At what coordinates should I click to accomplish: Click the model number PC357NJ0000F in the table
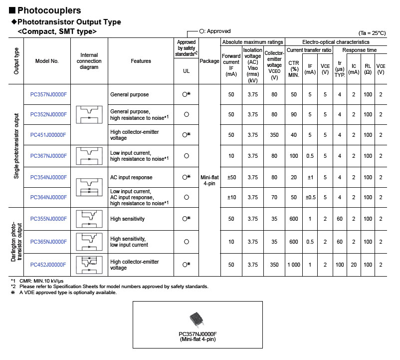pyautogui.click(x=48, y=94)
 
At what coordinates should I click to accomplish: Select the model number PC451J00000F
pyautogui.click(x=48, y=135)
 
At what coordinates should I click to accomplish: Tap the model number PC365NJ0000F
pyautogui.click(x=48, y=242)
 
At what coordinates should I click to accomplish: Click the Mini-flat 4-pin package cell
pyautogui.click(x=209, y=180)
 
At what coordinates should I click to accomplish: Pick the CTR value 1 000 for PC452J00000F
pyautogui.click(x=294, y=265)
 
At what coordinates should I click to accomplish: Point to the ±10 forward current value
pyautogui.click(x=231, y=197)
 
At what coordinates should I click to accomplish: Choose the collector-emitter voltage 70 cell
pyautogui.click(x=274, y=197)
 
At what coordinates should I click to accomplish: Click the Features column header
pyautogui.click(x=141, y=61)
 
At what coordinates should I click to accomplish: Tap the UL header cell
pyautogui.click(x=187, y=71)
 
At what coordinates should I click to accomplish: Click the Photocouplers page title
pyautogui.click(x=49, y=10)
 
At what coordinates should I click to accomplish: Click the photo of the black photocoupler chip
pyautogui.click(x=197, y=319)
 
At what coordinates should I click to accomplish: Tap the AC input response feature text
pyautogui.click(x=131, y=177)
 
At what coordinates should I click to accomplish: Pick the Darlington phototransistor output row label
pyautogui.click(x=16, y=242)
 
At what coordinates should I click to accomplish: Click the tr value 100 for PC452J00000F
pyautogui.click(x=340, y=265)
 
